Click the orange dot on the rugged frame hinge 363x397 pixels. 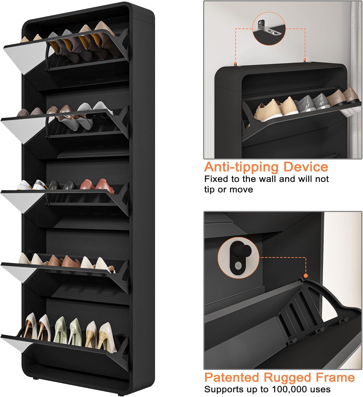[306, 276]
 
